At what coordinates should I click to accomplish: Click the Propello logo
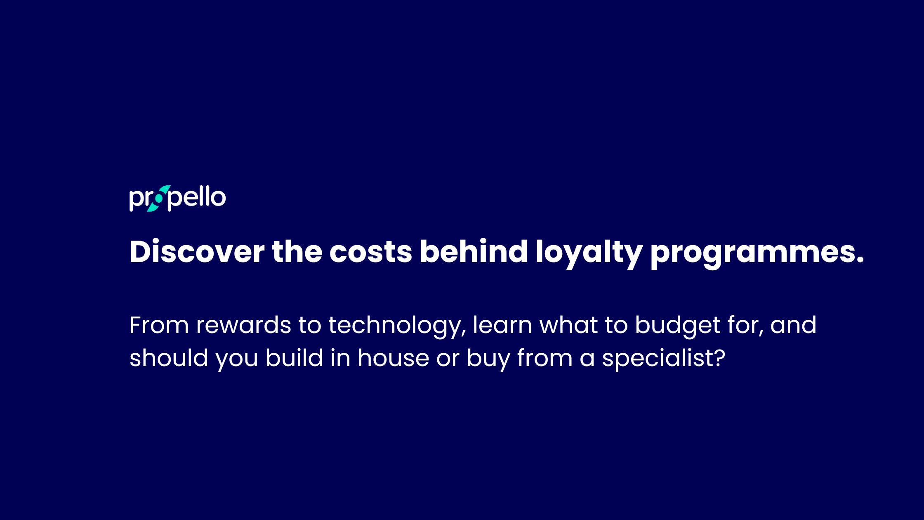pyautogui.click(x=177, y=199)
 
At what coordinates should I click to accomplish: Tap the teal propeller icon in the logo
pyautogui.click(x=158, y=199)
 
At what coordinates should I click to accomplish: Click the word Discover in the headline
pyautogui.click(x=197, y=251)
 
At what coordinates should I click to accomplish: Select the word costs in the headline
pyautogui.click(x=371, y=252)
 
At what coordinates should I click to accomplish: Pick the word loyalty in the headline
pyautogui.click(x=589, y=253)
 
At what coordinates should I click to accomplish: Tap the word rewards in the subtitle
pyautogui.click(x=244, y=325)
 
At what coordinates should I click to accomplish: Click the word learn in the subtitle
pyautogui.click(x=502, y=325)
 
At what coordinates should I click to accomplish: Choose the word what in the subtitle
pyautogui.click(x=569, y=325)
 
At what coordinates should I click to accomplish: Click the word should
pyautogui.click(x=169, y=357)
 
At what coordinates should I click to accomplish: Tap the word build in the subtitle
pyautogui.click(x=294, y=357)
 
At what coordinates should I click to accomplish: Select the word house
pyautogui.click(x=394, y=357)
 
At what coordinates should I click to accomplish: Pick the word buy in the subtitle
pyautogui.click(x=488, y=359)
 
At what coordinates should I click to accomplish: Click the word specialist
pyautogui.click(x=658, y=359)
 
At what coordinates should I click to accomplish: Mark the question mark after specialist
pyautogui.click(x=720, y=357)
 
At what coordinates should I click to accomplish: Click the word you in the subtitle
pyautogui.click(x=237, y=360)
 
